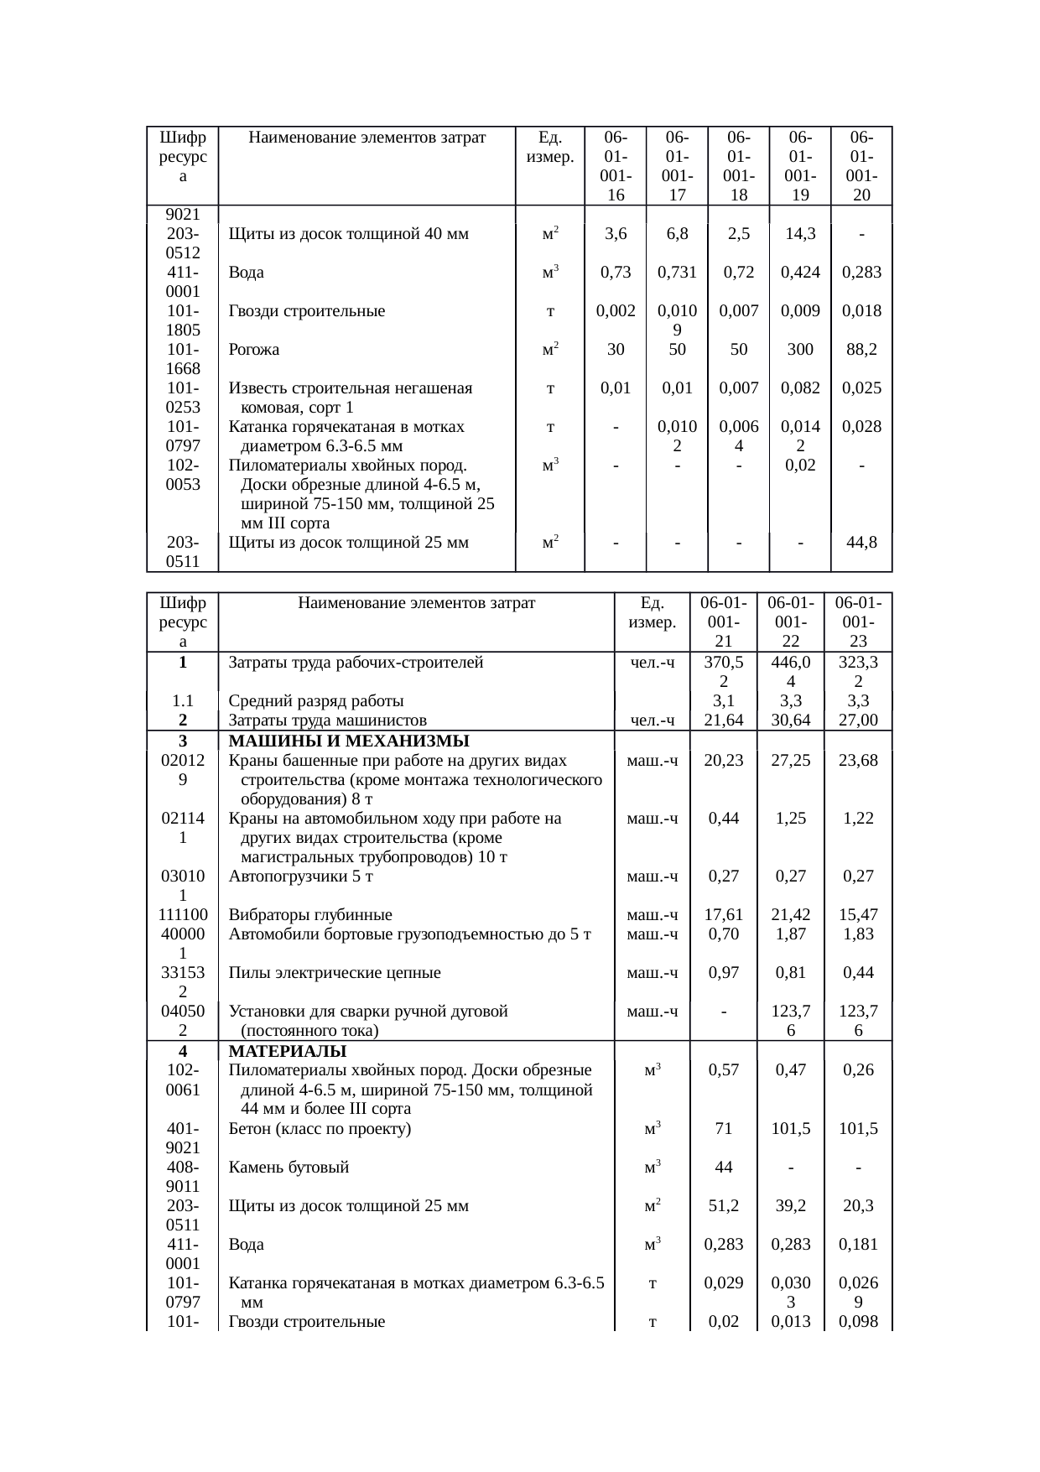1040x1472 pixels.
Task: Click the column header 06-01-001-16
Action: click(x=616, y=166)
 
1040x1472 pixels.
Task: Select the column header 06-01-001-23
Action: click(x=858, y=622)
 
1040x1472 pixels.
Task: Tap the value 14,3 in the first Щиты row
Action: click(x=800, y=234)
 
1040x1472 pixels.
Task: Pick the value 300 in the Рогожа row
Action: click(x=800, y=350)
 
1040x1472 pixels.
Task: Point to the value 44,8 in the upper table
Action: click(x=861, y=543)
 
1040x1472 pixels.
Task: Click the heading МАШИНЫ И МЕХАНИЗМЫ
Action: click(x=348, y=741)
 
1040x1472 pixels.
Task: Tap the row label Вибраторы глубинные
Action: click(x=310, y=915)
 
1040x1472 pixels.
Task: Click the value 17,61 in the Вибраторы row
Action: click(x=723, y=915)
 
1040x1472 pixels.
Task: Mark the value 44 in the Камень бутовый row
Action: click(x=723, y=1168)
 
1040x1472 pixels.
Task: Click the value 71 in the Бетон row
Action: click(x=723, y=1129)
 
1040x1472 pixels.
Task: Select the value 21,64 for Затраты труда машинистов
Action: click(x=723, y=720)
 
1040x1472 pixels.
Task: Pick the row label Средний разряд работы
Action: click(x=316, y=701)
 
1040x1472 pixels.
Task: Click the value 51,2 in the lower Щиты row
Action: click(x=723, y=1206)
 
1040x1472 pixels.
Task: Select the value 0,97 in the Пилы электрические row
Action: click(x=723, y=973)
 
